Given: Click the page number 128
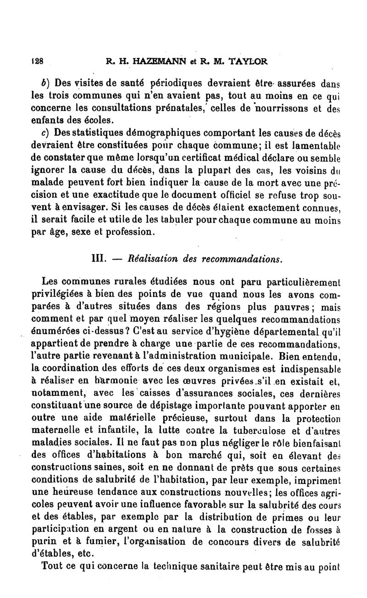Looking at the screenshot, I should tap(37, 61).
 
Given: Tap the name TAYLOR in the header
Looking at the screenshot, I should tap(245, 61).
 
